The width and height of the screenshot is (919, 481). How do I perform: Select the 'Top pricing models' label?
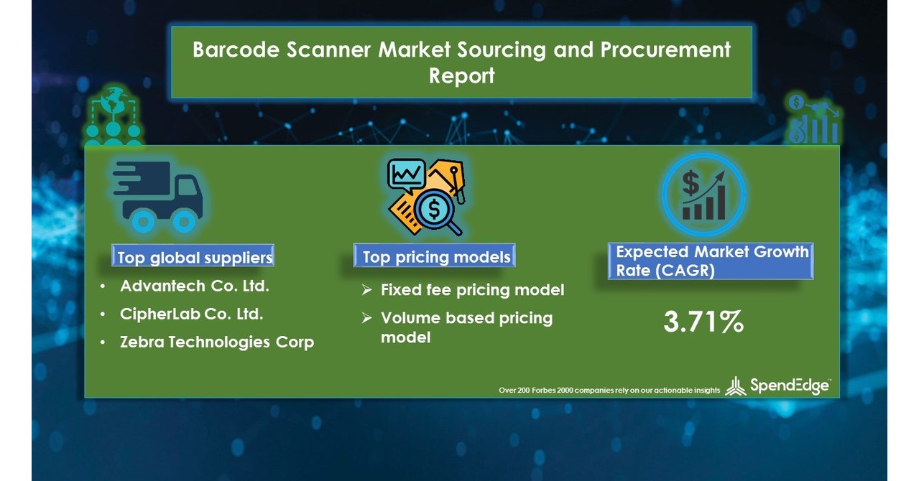436,257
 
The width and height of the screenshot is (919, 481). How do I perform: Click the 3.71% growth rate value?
703,323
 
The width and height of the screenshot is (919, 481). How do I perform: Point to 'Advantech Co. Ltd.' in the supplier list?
195,286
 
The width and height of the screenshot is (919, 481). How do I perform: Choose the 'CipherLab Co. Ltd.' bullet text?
192,314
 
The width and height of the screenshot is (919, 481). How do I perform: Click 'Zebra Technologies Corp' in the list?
217,342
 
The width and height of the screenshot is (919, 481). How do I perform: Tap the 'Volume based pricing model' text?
466,327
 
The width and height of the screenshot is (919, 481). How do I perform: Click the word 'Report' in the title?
461,75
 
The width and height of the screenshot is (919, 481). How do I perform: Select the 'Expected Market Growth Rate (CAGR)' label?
711,261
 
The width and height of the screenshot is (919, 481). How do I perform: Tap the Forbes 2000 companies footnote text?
609,390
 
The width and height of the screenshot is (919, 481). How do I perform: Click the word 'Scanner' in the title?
327,50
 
